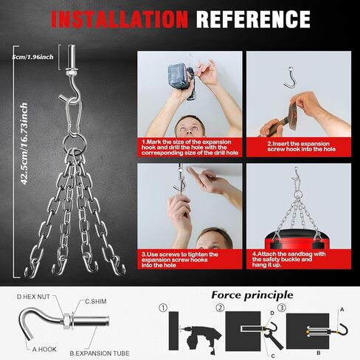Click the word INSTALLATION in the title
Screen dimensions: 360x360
pyautogui.click(x=120, y=19)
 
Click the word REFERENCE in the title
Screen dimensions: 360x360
pyautogui.click(x=253, y=19)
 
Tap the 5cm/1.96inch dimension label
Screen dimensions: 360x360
pyautogui.click(x=32, y=57)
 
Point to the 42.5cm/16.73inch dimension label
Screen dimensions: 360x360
pyautogui.click(x=24, y=144)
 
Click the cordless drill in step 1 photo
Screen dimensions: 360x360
pyautogui.click(x=181, y=80)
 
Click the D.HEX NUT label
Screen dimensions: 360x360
pyautogui.click(x=33, y=297)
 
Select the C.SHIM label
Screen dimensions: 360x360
pyautogui.click(x=96, y=302)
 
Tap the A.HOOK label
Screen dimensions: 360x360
pyautogui.click(x=44, y=349)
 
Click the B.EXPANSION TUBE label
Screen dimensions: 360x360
pyautogui.click(x=100, y=353)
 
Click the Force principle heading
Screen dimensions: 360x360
pyautogui.click(x=252, y=295)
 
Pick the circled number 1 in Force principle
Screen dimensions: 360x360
pyautogui.click(x=163, y=308)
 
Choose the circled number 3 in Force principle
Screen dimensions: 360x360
pyautogui.click(x=282, y=308)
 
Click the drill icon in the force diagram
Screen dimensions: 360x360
pyautogui.click(x=200, y=337)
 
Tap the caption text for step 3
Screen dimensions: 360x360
pyautogui.click(x=180, y=260)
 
